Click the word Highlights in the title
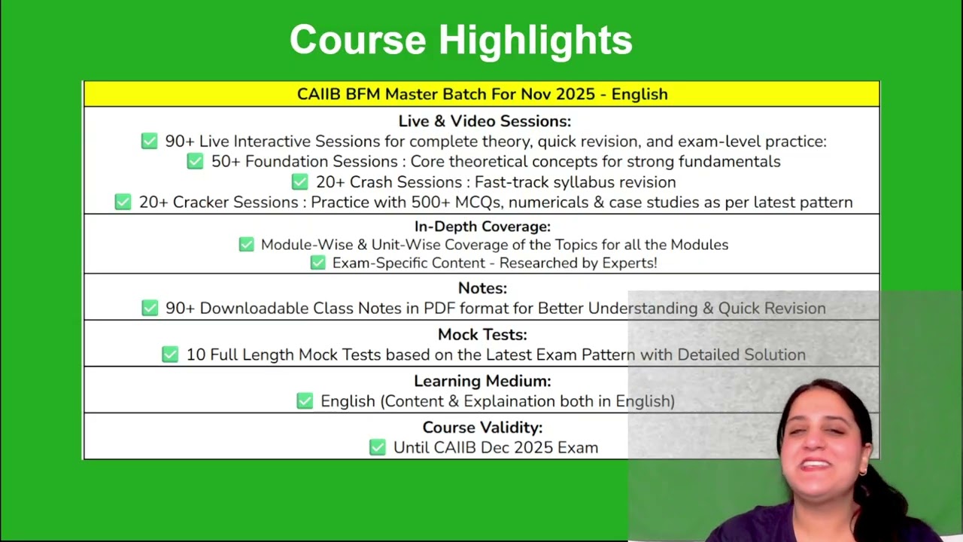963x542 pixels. point(536,41)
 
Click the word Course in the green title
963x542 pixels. point(357,40)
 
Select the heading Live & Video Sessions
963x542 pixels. point(485,121)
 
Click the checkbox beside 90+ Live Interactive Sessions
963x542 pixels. point(149,141)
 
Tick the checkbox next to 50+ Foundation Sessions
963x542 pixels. point(195,161)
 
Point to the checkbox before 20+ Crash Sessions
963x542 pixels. point(299,181)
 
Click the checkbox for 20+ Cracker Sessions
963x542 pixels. point(123,202)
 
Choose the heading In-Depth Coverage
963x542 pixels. point(482,227)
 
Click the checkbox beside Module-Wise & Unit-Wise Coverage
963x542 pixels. point(246,245)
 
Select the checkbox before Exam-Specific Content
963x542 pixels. point(318,263)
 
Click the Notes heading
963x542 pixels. point(482,288)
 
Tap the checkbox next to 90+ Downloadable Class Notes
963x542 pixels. point(150,308)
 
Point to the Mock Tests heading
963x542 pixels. point(482,335)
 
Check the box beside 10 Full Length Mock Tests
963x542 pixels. point(170,355)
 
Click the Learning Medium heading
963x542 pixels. point(482,381)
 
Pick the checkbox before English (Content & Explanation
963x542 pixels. point(305,401)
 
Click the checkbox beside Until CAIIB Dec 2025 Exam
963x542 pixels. point(378,447)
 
